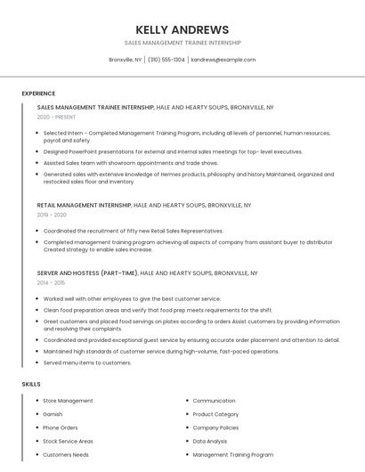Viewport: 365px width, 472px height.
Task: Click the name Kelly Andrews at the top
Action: click(182, 29)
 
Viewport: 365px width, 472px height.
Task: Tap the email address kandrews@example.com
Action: click(223, 60)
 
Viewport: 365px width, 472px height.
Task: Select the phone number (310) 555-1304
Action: click(166, 60)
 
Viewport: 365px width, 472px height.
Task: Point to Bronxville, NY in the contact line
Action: click(126, 60)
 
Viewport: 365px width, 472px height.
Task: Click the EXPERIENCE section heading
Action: click(38, 94)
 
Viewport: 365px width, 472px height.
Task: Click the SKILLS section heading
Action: click(31, 384)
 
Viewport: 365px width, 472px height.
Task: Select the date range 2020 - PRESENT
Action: click(56, 117)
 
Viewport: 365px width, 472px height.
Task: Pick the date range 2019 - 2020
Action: click(52, 215)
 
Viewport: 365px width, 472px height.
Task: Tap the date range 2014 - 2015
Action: click(52, 282)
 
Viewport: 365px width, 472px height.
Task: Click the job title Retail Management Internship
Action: click(84, 205)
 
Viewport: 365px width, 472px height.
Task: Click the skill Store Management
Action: click(68, 401)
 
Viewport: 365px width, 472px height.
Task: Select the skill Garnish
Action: click(53, 414)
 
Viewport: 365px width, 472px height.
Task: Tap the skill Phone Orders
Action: click(61, 427)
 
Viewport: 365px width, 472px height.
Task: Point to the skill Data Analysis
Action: click(209, 441)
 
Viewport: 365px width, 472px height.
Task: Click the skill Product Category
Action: click(215, 414)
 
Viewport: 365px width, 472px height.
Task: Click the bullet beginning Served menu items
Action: click(87, 362)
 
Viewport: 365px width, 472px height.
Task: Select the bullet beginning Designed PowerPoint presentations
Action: click(173, 151)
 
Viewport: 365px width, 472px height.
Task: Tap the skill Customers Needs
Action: click(66, 454)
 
